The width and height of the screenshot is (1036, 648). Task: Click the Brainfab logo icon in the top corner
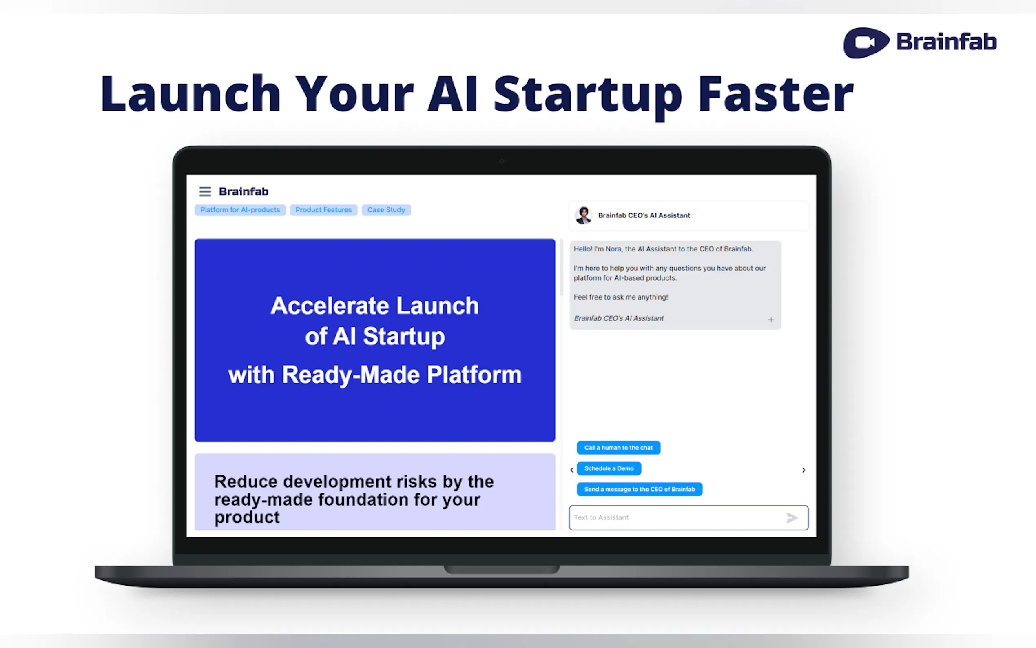click(866, 42)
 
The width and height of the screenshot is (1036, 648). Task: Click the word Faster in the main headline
click(776, 94)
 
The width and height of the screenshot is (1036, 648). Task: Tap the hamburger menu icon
click(205, 191)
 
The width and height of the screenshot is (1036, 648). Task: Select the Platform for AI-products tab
click(240, 210)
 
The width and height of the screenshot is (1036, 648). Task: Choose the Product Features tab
click(323, 210)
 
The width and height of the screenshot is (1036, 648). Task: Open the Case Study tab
click(386, 210)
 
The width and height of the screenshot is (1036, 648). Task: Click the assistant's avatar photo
click(583, 215)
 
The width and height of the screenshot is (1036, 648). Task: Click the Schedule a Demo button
click(609, 468)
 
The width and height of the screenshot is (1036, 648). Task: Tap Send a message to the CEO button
click(640, 489)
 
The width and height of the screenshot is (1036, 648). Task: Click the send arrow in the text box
click(792, 518)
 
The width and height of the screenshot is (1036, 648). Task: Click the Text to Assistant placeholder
click(601, 518)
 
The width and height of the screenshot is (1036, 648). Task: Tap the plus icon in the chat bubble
click(771, 320)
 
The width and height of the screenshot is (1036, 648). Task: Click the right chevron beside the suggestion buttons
click(804, 470)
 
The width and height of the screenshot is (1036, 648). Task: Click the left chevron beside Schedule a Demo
click(572, 470)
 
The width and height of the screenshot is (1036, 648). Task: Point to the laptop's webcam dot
click(502, 161)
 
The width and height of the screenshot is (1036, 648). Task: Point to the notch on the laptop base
click(502, 569)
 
